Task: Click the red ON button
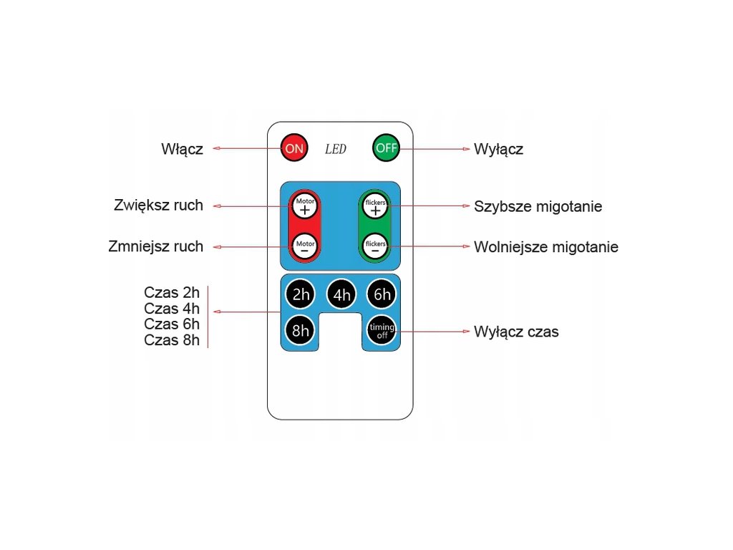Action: point(293,149)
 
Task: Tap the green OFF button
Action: point(387,149)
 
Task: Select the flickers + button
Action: point(375,206)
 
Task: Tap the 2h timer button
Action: point(300,294)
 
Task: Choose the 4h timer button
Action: point(341,294)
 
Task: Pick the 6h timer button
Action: point(382,294)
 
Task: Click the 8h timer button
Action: point(300,331)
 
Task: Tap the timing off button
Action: point(382,331)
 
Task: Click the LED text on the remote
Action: point(336,150)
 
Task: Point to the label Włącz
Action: point(182,149)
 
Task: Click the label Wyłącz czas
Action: point(516,332)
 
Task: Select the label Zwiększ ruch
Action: point(158,206)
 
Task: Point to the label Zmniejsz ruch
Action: point(155,246)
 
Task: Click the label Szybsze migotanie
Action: point(538,207)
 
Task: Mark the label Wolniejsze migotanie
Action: point(545,247)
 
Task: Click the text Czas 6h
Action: point(172,324)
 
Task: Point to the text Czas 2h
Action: point(172,292)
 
